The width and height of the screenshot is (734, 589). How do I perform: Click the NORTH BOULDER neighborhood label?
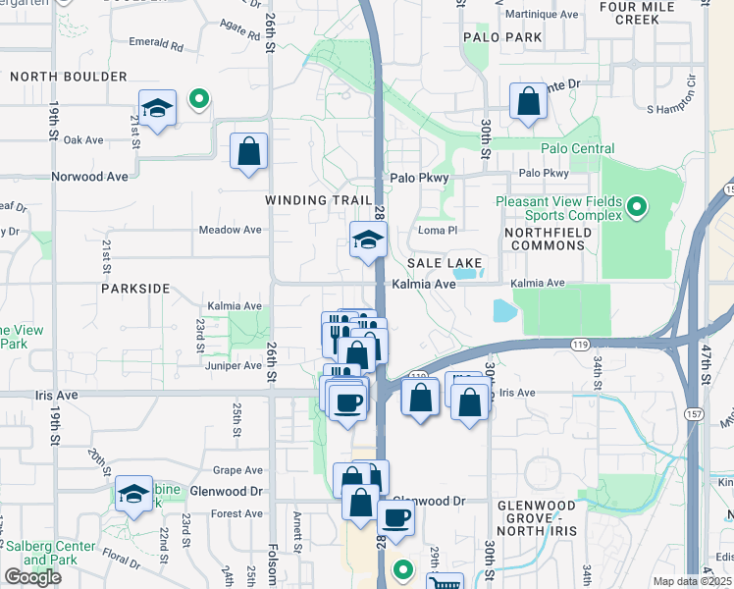click(69, 77)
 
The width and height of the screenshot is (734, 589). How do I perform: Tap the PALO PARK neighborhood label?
click(503, 37)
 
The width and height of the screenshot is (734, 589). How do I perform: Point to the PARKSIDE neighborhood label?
click(135, 290)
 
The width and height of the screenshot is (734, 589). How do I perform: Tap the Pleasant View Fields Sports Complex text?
click(559, 207)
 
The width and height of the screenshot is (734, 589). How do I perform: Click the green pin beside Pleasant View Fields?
click(637, 207)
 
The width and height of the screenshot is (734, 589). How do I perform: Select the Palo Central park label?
click(578, 149)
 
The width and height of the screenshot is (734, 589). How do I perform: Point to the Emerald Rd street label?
click(156, 45)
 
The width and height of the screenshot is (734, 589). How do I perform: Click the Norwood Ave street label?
click(90, 178)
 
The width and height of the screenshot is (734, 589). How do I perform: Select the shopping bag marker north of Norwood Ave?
click(249, 152)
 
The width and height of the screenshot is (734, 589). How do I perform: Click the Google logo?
click(32, 577)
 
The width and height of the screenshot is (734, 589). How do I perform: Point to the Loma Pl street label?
click(439, 230)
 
